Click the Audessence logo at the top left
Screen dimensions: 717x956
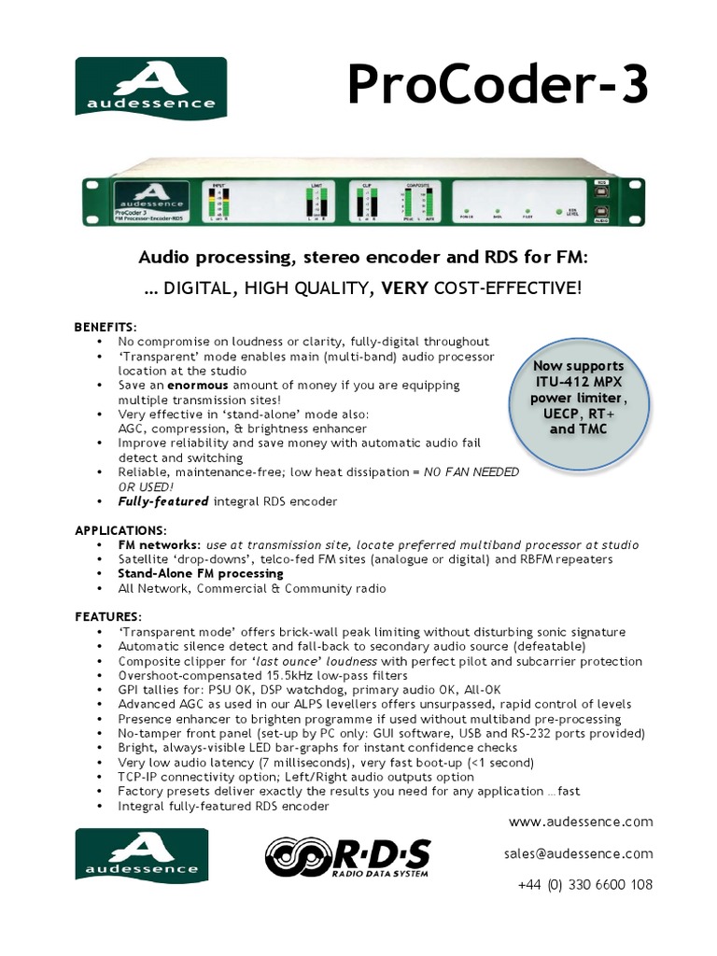coord(151,86)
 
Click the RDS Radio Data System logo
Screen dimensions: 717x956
coord(347,861)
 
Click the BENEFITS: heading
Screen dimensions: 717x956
coord(105,327)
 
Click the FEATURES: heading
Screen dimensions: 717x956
coord(108,617)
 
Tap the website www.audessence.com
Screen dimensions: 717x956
coord(581,822)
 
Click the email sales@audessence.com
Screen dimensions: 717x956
coord(578,853)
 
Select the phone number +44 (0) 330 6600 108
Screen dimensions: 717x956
coord(583,884)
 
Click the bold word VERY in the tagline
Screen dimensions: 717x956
coord(399,290)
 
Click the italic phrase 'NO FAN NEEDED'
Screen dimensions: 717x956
coord(471,472)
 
